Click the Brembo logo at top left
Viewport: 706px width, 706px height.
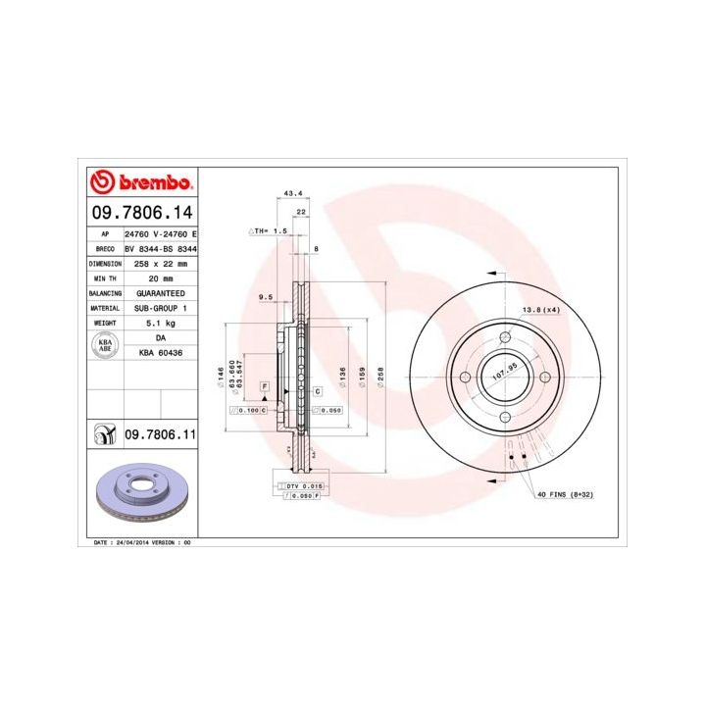click(x=141, y=182)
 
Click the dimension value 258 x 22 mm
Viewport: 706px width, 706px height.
click(x=161, y=264)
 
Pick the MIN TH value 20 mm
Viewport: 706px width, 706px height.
click(x=161, y=278)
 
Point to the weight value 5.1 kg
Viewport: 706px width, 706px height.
click(x=161, y=323)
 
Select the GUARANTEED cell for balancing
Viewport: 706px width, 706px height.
click(x=161, y=293)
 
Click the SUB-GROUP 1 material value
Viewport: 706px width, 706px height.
click(x=161, y=308)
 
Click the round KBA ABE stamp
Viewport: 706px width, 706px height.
click(x=105, y=344)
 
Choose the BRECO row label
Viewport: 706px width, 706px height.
click(x=105, y=249)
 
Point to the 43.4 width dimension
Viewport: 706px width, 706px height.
click(x=292, y=193)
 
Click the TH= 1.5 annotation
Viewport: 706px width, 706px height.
click(x=269, y=231)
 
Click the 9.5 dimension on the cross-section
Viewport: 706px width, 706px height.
click(x=265, y=295)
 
